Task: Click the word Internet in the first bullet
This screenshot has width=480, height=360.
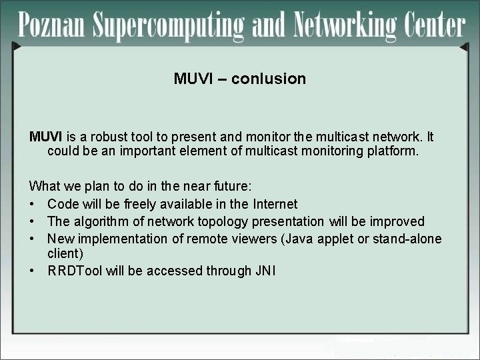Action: pyautogui.click(x=275, y=204)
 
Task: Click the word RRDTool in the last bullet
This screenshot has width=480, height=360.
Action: pyautogui.click(x=75, y=271)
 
